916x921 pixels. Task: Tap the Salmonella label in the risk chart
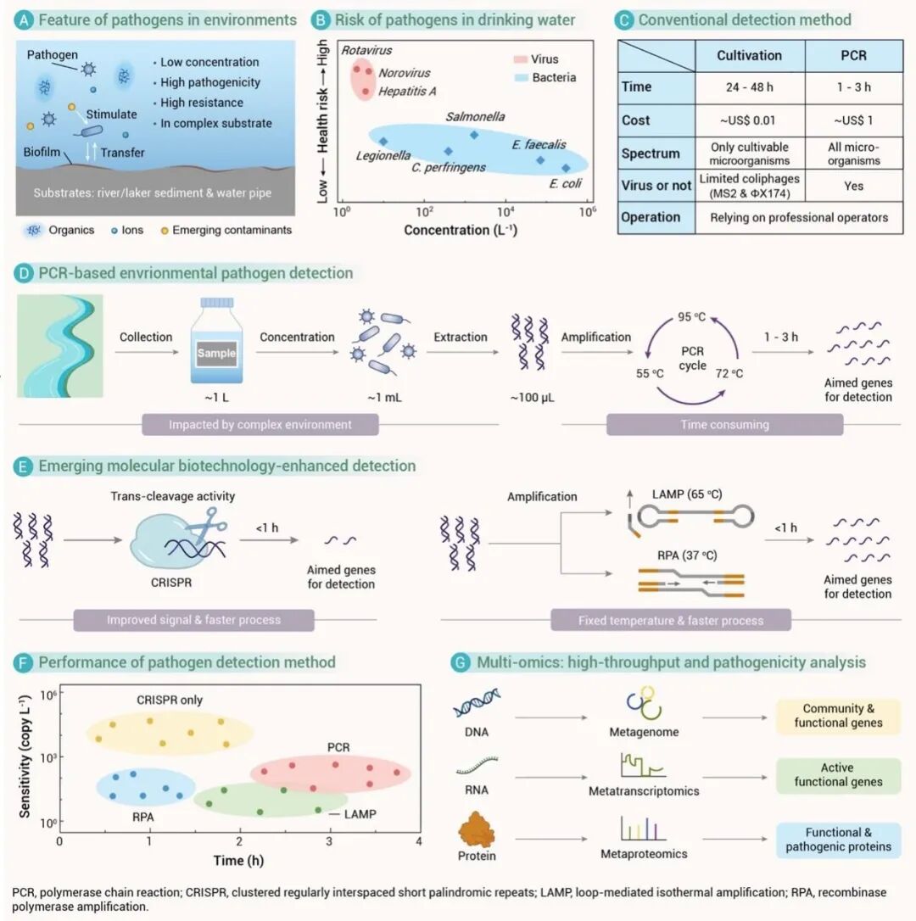(476, 116)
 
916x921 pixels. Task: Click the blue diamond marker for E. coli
(566, 168)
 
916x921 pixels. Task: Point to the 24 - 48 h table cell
(749, 87)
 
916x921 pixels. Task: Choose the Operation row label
(651, 217)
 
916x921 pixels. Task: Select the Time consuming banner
(724, 424)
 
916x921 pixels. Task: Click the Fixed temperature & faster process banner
(670, 620)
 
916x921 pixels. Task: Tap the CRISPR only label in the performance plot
(170, 700)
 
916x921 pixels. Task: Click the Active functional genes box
(837, 775)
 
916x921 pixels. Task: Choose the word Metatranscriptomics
(644, 791)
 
